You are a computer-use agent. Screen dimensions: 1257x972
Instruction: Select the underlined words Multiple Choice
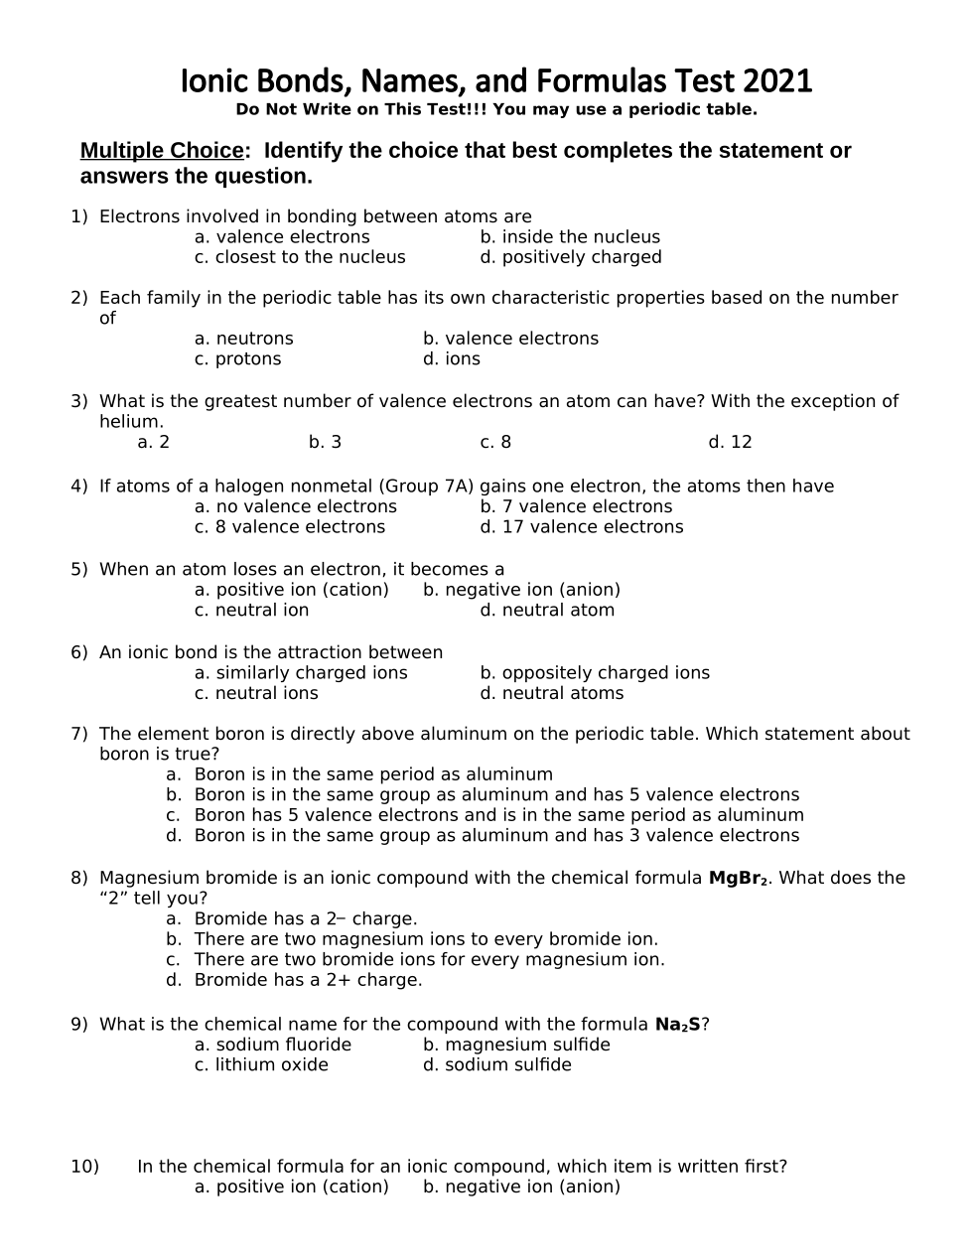tap(161, 151)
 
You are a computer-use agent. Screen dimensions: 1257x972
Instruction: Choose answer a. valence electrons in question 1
tap(282, 237)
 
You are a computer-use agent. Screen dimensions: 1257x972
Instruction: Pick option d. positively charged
tap(570, 257)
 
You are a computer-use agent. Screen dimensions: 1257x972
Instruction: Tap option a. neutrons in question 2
tap(243, 339)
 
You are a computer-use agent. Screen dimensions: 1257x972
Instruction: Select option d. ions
tap(451, 359)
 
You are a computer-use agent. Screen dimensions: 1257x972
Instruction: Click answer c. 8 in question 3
tap(495, 442)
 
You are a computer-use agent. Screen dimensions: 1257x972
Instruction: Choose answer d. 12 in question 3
tap(730, 442)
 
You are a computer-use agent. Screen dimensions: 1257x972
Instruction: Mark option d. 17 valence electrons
tap(581, 527)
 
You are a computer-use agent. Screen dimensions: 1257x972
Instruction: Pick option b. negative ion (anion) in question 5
tap(521, 590)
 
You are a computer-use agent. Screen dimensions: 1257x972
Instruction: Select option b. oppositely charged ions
tap(595, 673)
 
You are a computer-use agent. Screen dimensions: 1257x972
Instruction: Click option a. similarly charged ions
tap(301, 673)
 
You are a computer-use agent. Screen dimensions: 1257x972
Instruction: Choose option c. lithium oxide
tap(261, 1065)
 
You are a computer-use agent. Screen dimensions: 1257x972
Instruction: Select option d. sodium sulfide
tap(496, 1065)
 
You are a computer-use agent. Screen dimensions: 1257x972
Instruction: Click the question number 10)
tap(84, 1167)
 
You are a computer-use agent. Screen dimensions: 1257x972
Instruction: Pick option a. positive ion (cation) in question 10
tap(291, 1187)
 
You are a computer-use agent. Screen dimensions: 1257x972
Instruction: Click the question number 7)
tap(79, 734)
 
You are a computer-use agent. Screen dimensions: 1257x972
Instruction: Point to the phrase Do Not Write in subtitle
tap(283, 110)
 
